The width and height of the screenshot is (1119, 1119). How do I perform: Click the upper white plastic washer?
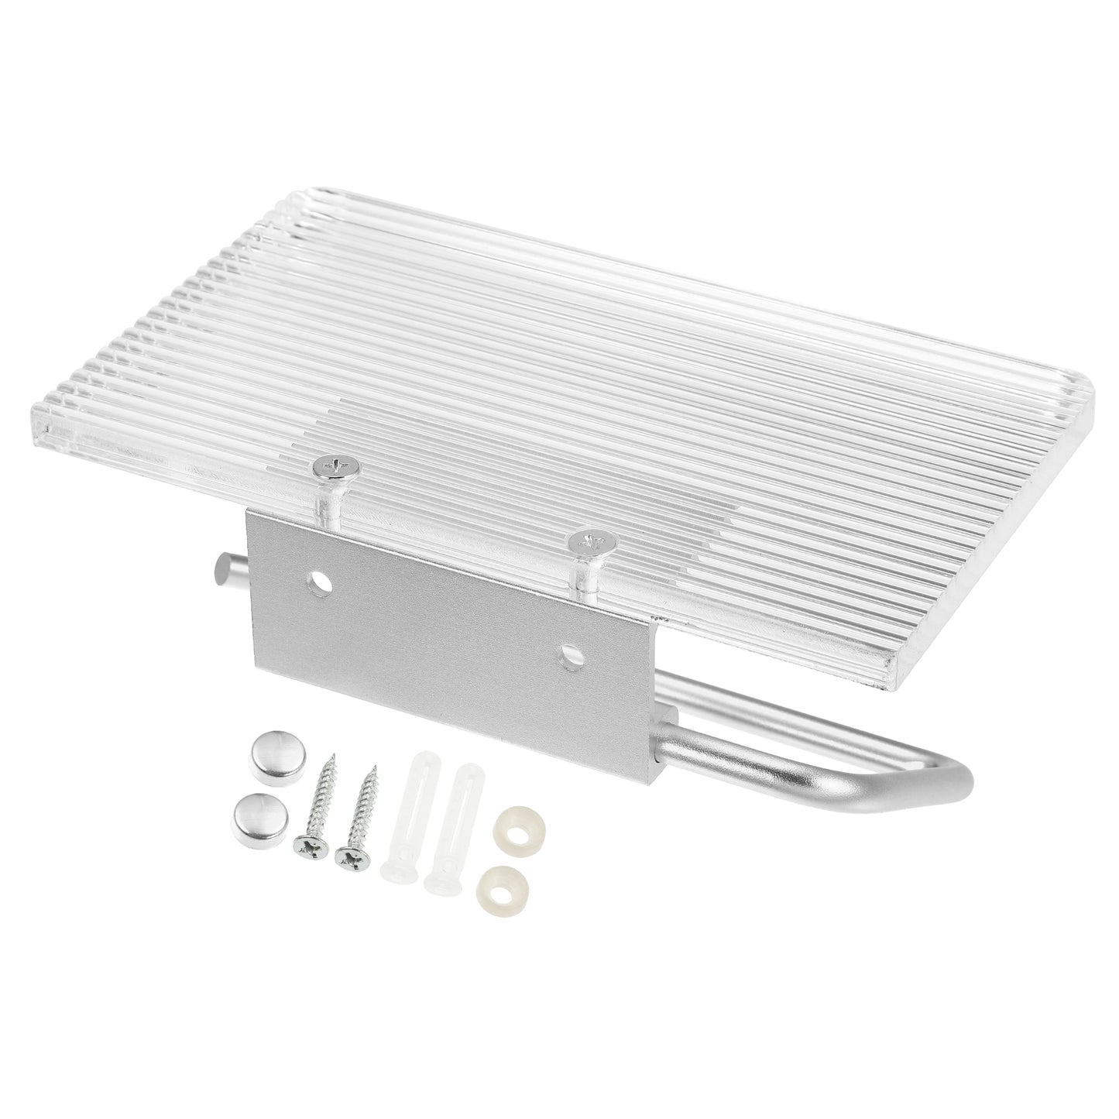[x=515, y=823]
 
